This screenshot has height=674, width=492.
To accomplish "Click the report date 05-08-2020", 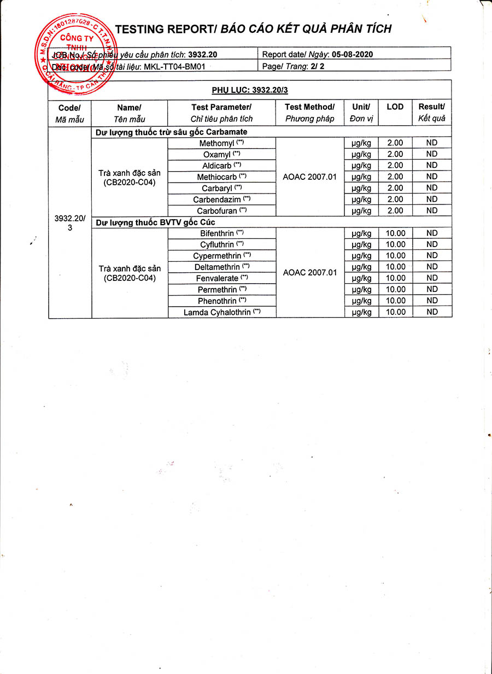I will (x=355, y=54).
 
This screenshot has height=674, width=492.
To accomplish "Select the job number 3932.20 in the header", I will (x=202, y=55).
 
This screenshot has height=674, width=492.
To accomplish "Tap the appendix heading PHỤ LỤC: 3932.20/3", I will (x=249, y=90).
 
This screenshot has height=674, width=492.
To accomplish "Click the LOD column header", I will (x=395, y=107).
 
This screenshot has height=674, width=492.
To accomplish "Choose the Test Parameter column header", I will (x=221, y=113).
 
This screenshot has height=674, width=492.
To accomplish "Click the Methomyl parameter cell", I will (x=221, y=143).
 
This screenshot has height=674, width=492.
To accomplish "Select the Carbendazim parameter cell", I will (x=221, y=200).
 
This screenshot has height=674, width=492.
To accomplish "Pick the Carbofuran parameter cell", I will (x=221, y=210).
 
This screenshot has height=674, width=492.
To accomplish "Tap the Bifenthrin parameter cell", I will (x=221, y=233).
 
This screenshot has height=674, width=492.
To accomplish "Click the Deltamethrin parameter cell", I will (x=221, y=267).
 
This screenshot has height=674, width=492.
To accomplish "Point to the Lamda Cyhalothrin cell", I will (x=221, y=312).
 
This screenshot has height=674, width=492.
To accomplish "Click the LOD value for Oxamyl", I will (x=395, y=154).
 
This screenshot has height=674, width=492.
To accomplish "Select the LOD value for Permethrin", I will (x=395, y=290).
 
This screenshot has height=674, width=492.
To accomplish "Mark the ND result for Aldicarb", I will (x=432, y=166).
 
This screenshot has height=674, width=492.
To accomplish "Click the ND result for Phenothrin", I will (x=432, y=301).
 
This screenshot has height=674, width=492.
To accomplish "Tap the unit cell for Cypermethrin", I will (x=361, y=256).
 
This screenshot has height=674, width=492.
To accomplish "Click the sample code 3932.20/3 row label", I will (x=69, y=222).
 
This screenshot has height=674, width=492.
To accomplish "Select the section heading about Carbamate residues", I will (x=171, y=132).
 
